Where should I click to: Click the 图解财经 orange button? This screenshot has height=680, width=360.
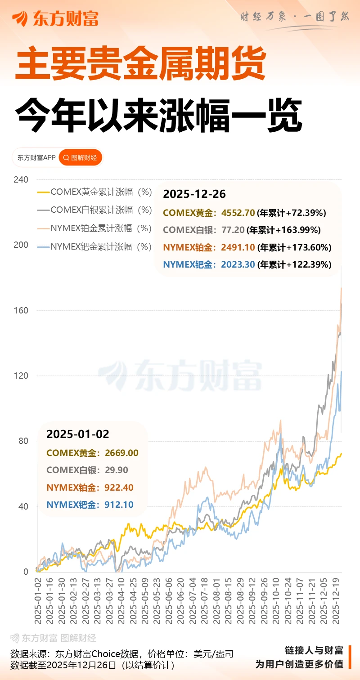[x=81, y=158]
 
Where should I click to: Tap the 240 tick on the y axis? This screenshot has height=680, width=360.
[x=21, y=179]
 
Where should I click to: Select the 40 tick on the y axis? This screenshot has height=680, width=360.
[x=22, y=506]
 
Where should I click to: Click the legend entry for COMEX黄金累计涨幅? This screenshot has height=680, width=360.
[x=94, y=192]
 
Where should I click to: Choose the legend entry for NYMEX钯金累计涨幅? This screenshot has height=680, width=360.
[x=94, y=246]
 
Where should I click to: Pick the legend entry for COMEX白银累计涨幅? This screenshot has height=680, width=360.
[x=94, y=210]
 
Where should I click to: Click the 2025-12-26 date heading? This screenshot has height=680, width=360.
[x=194, y=194]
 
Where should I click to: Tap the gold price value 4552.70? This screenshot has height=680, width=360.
[x=238, y=213]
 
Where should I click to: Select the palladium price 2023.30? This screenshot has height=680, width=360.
[x=238, y=264]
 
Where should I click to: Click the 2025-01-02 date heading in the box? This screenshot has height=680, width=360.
[x=78, y=434]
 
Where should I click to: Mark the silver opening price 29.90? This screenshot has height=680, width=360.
[x=117, y=470]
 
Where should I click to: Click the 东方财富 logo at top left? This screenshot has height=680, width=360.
[x=55, y=18]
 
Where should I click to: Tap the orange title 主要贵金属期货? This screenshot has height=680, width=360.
[x=141, y=66]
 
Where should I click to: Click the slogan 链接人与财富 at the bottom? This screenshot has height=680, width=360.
[x=314, y=650]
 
